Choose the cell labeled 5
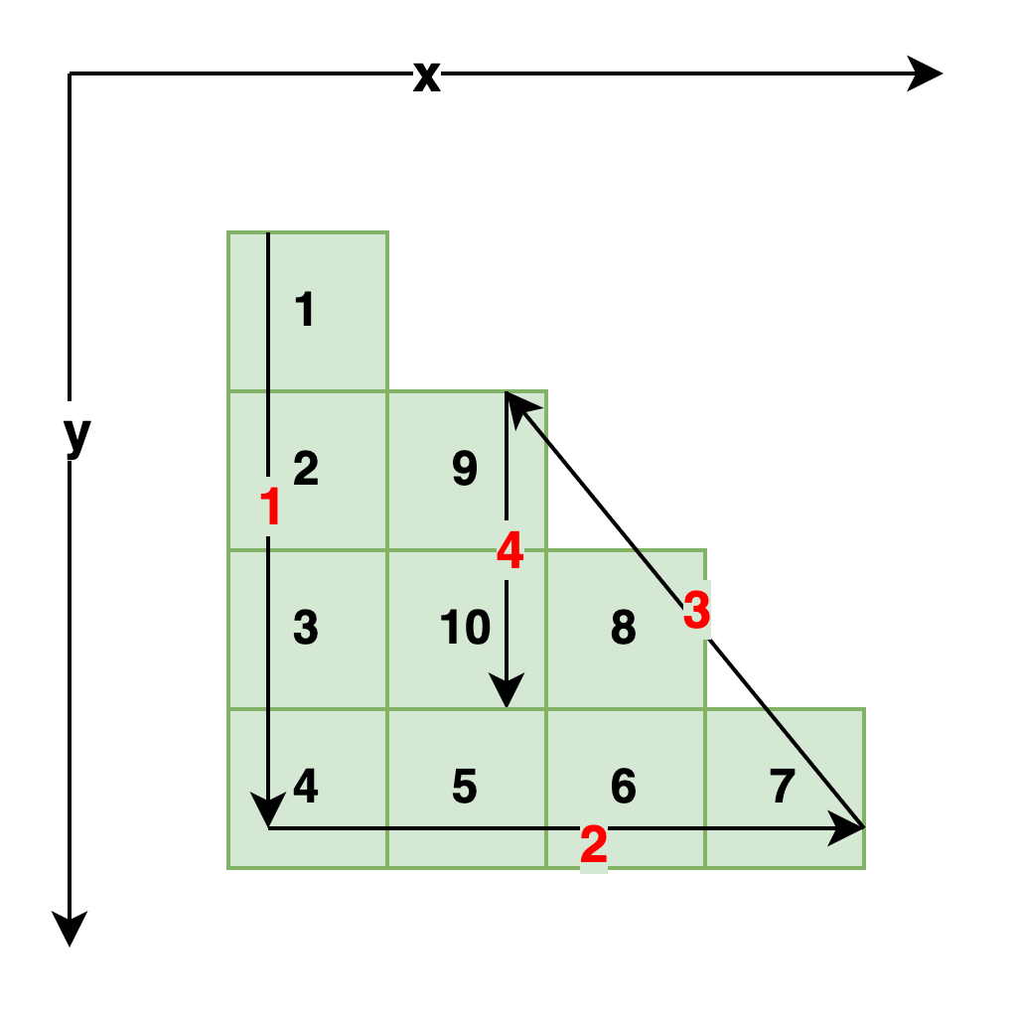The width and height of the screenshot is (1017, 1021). point(466,788)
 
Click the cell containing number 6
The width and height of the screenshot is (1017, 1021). point(625,788)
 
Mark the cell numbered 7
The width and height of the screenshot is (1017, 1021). point(784,788)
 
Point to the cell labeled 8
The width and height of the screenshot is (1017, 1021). point(625,629)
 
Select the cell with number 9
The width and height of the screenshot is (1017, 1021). point(466,470)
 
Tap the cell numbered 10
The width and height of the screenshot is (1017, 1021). point(466,629)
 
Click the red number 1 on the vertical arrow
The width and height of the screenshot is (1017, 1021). point(271,507)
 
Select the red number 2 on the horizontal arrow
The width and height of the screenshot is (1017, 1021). point(594,845)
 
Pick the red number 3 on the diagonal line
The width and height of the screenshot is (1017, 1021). point(697,611)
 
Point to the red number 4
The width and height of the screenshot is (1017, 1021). point(509,550)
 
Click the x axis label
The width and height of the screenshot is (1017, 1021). point(427,73)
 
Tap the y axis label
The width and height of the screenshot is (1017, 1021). point(77,431)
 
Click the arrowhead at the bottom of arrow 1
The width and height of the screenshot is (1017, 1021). point(268,812)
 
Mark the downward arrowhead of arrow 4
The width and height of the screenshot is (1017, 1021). point(507,691)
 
